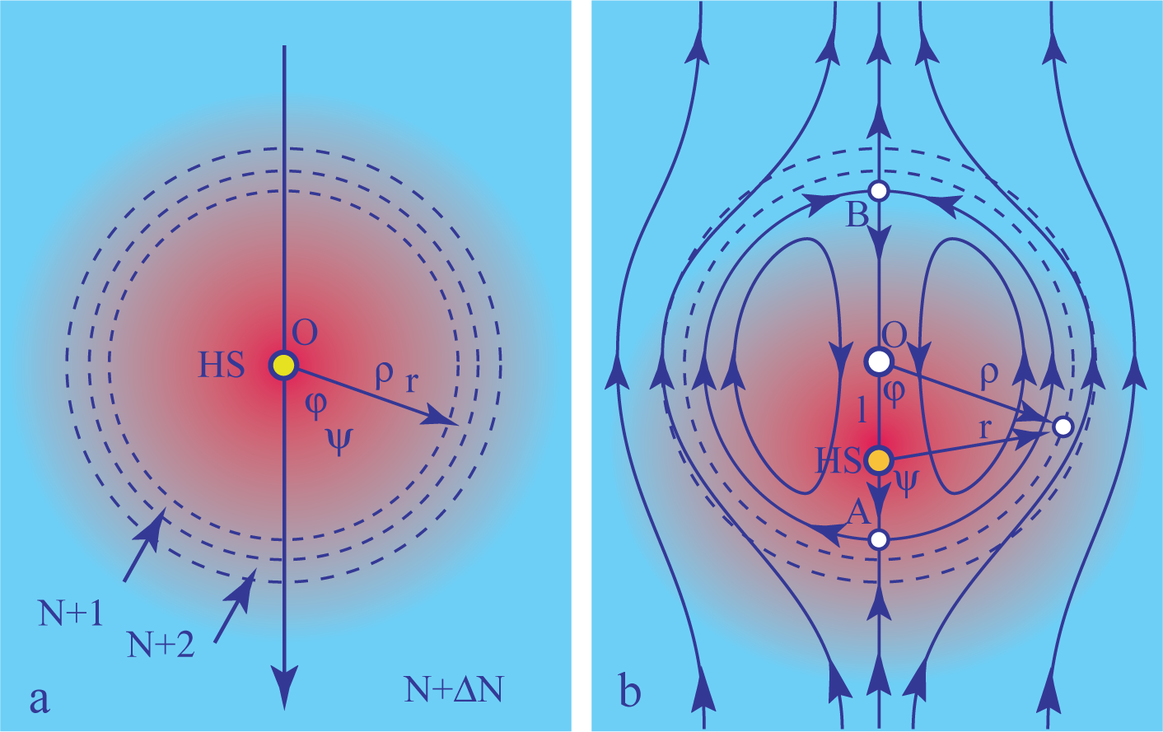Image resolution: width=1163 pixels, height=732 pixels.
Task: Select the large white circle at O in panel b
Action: [x=879, y=361]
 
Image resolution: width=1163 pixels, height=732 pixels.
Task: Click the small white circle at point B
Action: [x=879, y=191]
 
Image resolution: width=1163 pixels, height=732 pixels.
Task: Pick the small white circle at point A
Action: [x=879, y=540]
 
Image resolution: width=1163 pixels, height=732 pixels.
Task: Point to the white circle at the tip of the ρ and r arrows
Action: [x=1063, y=427]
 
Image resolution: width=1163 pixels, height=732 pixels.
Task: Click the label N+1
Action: [x=71, y=613]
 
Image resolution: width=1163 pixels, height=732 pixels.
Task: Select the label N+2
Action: [x=161, y=645]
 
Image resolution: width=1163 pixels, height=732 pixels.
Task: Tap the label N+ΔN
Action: [x=453, y=689]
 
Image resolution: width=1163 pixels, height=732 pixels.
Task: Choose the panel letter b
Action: [x=629, y=692]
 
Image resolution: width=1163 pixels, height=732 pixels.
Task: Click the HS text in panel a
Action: [x=221, y=365]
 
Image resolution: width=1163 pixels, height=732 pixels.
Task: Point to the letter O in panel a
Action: [x=305, y=333]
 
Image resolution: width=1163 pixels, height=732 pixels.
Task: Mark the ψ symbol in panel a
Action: [x=338, y=438]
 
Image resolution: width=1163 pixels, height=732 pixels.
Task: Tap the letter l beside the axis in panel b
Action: [x=862, y=408]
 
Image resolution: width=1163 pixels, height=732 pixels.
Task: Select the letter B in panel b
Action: [x=857, y=216]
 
